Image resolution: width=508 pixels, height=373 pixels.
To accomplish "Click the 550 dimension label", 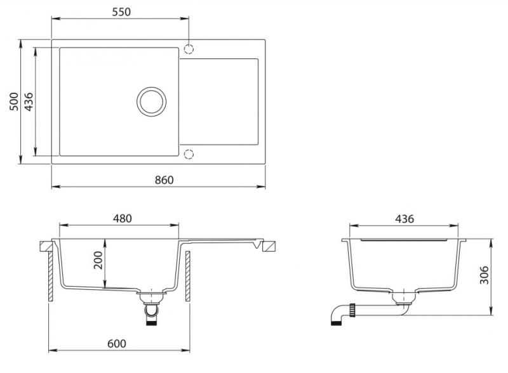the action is click(121, 12).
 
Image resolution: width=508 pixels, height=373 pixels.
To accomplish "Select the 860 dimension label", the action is click(164, 180).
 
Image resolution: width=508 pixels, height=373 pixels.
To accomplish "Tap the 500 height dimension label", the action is click(14, 101).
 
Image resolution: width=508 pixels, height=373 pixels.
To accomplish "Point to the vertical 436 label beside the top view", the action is click(29, 101).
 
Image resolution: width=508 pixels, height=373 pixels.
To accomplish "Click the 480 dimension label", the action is click(122, 219).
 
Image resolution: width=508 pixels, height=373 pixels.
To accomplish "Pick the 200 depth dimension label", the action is click(98, 260).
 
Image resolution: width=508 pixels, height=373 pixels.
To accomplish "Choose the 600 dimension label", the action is click(117, 344).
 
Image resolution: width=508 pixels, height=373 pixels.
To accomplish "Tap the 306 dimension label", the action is click(484, 275).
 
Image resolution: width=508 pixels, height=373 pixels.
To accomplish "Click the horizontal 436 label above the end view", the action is click(404, 219).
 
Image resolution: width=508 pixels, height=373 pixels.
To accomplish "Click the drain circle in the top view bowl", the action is click(151, 101).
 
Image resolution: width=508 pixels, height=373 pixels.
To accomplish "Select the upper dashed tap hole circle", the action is click(189, 49).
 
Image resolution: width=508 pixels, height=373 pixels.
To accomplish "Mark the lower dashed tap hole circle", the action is click(189, 154).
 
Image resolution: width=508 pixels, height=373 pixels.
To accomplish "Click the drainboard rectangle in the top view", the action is click(219, 101).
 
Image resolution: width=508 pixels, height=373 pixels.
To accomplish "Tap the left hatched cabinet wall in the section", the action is click(51, 276).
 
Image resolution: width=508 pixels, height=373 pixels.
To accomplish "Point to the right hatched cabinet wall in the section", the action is click(188, 276).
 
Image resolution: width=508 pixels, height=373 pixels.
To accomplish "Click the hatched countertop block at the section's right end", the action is click(269, 246).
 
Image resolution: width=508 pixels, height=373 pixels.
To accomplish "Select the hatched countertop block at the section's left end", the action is click(46, 246).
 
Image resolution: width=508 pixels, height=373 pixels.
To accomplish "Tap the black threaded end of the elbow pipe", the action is click(336, 322).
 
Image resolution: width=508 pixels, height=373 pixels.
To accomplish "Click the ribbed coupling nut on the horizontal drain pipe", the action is click(352, 310).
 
